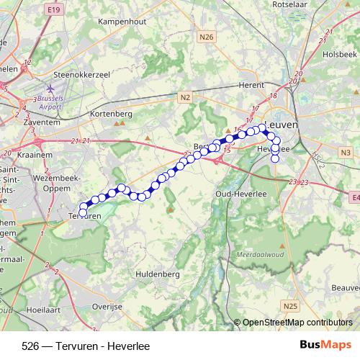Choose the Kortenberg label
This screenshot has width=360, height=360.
click(x=110, y=114)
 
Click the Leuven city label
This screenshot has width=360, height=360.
click(x=284, y=123)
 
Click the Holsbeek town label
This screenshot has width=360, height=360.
click(x=338, y=53)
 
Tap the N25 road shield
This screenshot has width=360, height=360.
click(x=289, y=306)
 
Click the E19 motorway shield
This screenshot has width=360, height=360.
click(x=52, y=9)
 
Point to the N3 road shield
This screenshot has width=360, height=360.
click(x=346, y=152)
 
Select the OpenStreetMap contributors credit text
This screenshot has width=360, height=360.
click(x=297, y=322)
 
